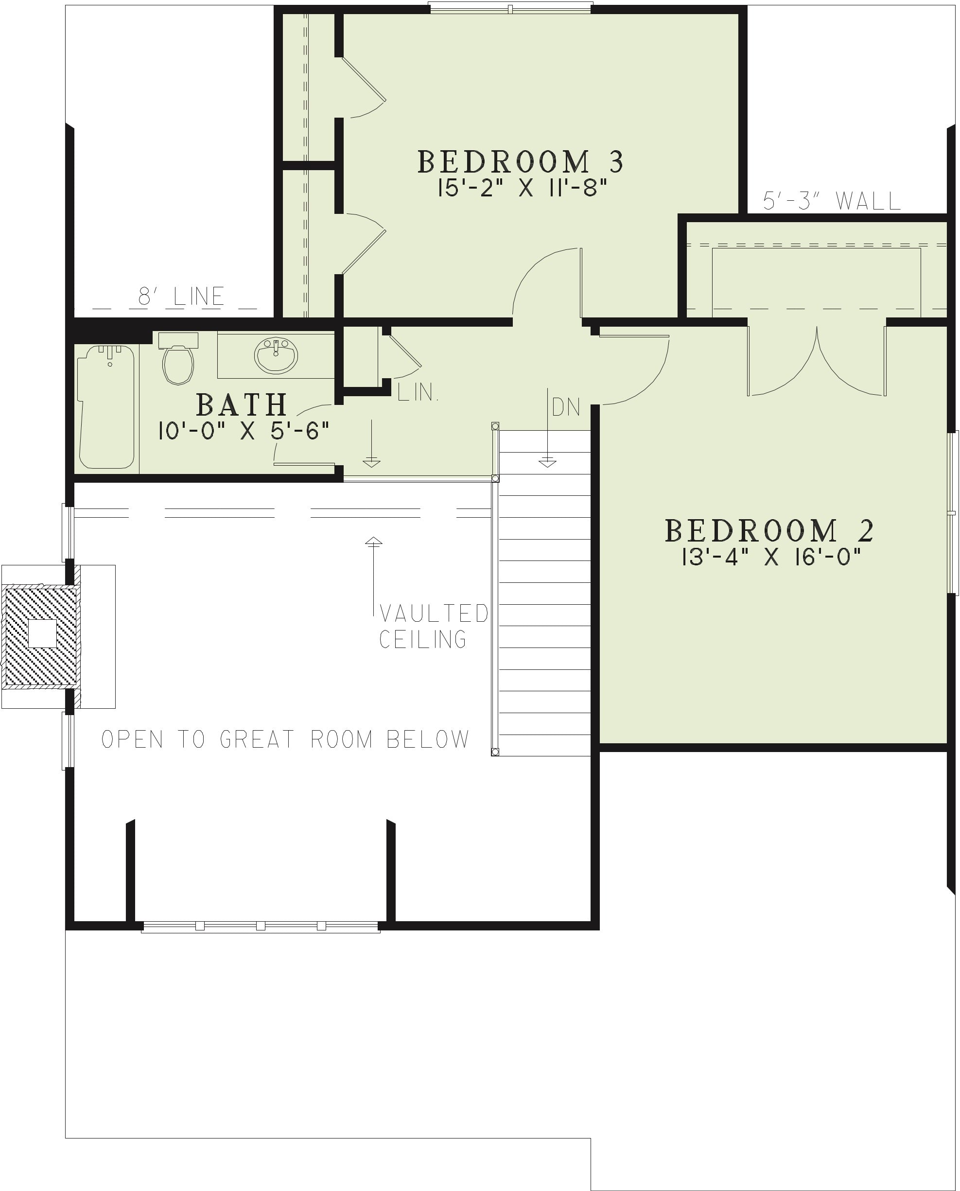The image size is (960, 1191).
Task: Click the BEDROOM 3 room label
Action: coord(521,161)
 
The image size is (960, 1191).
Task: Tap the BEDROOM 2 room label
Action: coord(769,531)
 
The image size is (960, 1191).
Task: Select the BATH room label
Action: coord(242,405)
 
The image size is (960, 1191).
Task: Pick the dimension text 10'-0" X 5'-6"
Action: coord(244,431)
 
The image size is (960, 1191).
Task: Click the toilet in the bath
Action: coord(178,358)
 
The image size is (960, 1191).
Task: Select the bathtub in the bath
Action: coord(106,407)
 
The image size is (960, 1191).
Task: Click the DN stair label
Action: coord(566,407)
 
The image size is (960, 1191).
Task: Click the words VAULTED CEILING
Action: coord(434,626)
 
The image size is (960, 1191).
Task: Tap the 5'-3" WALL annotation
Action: coord(832,201)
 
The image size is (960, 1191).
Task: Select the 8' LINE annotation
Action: coord(181,297)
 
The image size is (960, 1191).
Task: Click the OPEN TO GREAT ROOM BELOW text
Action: coord(285,739)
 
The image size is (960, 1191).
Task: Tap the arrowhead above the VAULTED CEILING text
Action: coord(373,542)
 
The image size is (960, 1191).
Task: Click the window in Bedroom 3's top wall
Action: coord(511,8)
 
